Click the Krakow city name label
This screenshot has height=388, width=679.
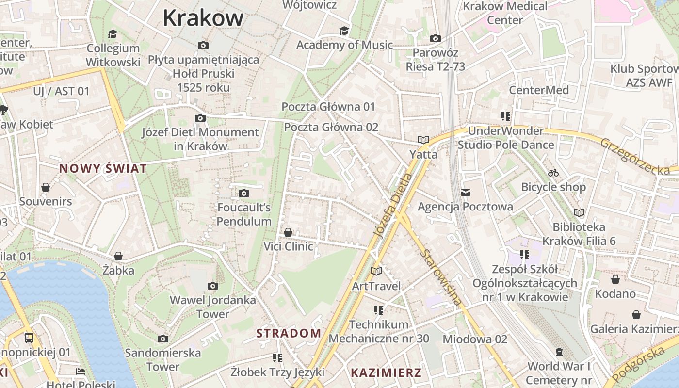pos(203,18)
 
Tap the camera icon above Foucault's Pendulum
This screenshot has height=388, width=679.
pos(244,194)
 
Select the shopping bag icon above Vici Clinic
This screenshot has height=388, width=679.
pos(288,232)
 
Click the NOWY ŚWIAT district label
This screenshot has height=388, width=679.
pos(103,169)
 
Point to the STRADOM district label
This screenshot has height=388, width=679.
pos(289,333)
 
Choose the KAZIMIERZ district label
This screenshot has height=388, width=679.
pos(386,373)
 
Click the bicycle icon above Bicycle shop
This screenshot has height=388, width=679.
pos(553,173)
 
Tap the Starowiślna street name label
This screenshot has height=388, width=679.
pos(441,277)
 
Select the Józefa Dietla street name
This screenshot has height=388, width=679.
pos(393,206)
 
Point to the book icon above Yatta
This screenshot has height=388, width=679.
pos(423,140)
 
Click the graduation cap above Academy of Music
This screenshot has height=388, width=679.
pos(344,31)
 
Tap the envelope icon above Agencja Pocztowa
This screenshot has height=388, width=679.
pos(466,193)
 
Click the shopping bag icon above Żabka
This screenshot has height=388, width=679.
pos(118,256)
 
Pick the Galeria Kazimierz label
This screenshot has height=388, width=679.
pos(634,329)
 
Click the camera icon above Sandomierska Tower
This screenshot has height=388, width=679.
pos(163,339)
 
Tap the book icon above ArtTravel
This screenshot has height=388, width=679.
pos(376,272)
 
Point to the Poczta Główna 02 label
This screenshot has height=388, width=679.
pos(331,127)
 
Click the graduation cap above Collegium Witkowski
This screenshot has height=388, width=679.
pos(113,34)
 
